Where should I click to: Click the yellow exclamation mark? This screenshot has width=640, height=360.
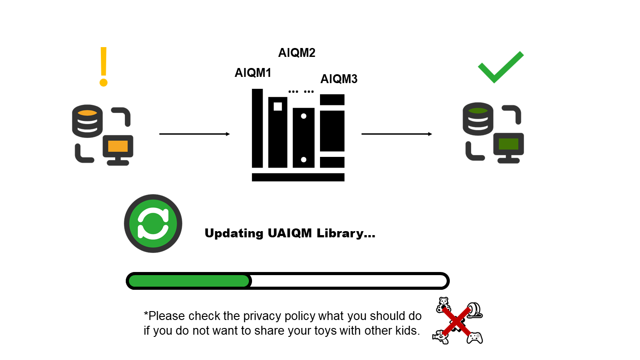(x=104, y=67)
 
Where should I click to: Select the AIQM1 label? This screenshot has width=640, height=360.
(x=253, y=73)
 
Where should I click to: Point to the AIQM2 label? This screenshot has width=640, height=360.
(x=297, y=53)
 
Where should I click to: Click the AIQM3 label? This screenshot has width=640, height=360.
(x=339, y=79)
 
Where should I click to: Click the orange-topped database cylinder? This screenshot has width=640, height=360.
(x=88, y=121)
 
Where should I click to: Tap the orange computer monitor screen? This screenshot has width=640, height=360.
(x=118, y=147)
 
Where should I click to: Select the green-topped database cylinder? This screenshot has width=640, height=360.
(x=478, y=119)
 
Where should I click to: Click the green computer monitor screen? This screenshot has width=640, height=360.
(x=508, y=144)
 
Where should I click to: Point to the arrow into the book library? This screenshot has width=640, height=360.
(x=195, y=134)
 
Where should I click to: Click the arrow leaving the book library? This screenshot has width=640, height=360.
(x=397, y=134)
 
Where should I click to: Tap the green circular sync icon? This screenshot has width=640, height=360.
(x=153, y=224)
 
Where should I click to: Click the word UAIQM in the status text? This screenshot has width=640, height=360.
(x=290, y=233)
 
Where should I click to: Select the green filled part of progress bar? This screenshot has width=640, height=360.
(x=189, y=281)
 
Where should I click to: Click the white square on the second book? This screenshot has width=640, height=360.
(x=278, y=107)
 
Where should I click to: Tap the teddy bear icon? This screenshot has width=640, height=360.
(x=444, y=304)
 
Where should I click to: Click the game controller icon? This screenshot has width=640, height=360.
(x=475, y=338)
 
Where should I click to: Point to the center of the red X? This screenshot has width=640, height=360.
(x=456, y=322)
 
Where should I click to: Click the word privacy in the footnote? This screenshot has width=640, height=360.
(x=262, y=316)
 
